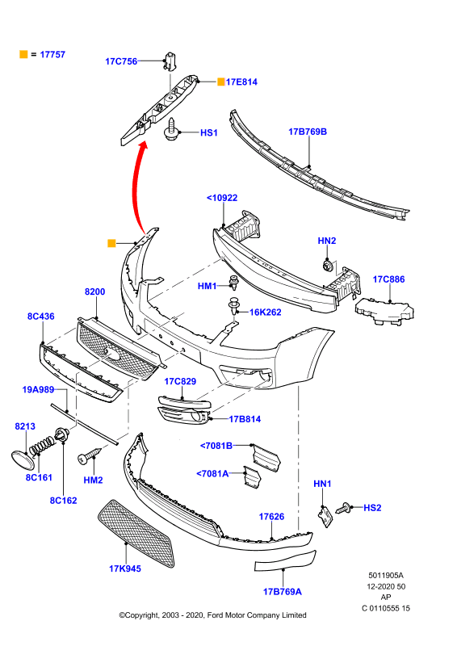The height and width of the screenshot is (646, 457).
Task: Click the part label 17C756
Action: click(x=121, y=61)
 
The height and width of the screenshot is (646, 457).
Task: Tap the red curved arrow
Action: click(x=136, y=186)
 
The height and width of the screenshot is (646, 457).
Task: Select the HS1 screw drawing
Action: click(x=171, y=129)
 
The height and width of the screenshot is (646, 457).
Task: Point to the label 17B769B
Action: click(x=308, y=132)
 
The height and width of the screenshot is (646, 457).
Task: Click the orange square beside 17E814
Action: click(x=221, y=82)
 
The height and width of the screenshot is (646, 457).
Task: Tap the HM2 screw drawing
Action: click(x=90, y=455)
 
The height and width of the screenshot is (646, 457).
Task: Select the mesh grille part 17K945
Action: click(x=136, y=534)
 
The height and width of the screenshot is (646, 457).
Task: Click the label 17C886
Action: click(x=388, y=279)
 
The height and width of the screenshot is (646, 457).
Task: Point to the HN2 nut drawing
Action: click(x=328, y=266)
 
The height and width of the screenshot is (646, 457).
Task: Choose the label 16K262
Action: click(x=266, y=313)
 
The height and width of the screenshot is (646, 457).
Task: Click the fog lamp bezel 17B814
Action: click(x=183, y=415)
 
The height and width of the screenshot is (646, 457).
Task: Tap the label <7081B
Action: click(x=216, y=446)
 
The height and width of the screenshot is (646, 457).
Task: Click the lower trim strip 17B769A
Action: click(x=285, y=561)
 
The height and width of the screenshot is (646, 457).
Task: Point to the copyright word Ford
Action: click(x=216, y=615)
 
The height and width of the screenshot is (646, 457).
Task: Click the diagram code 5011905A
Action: click(x=386, y=575)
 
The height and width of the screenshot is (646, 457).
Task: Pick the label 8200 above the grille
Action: click(x=94, y=292)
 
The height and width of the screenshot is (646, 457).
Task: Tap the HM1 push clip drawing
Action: click(x=234, y=283)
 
